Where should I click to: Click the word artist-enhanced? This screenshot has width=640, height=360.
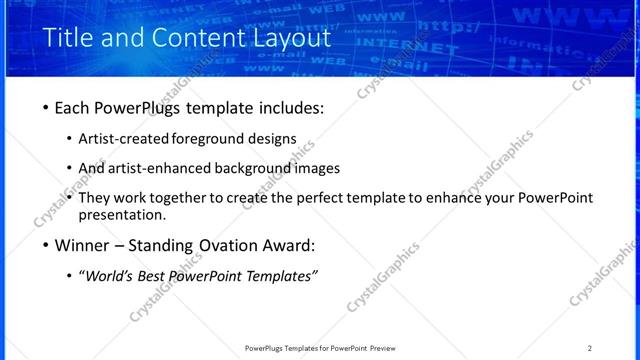[166, 168]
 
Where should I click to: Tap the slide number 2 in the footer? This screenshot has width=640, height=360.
[590, 348]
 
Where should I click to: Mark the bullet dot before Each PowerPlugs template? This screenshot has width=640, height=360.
[47, 108]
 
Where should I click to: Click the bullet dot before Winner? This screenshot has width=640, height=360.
[47, 246]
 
